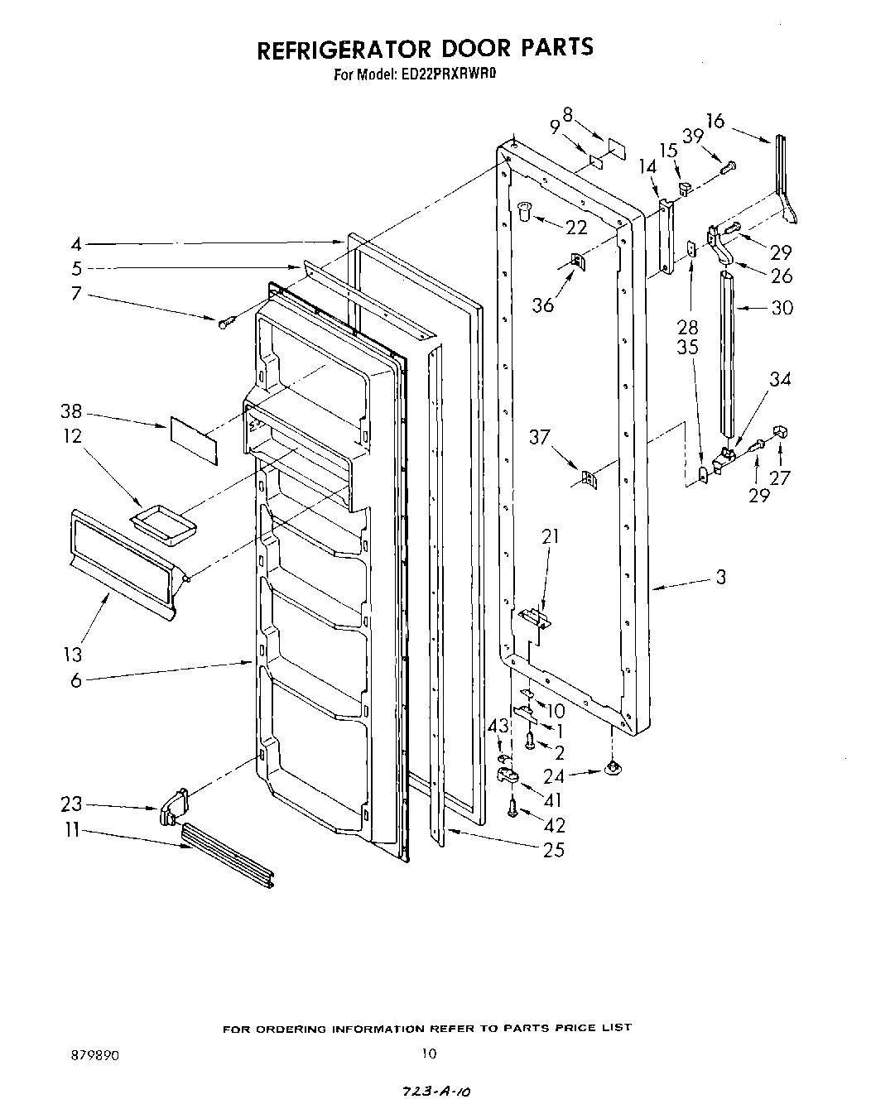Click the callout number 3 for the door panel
tap(720, 577)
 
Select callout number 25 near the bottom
tap(554, 849)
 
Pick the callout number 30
tap(781, 308)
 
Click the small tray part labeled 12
tap(164, 526)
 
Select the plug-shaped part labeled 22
tap(523, 212)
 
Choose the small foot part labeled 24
tap(613, 770)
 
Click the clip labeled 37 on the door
tap(588, 478)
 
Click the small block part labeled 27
tap(779, 431)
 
